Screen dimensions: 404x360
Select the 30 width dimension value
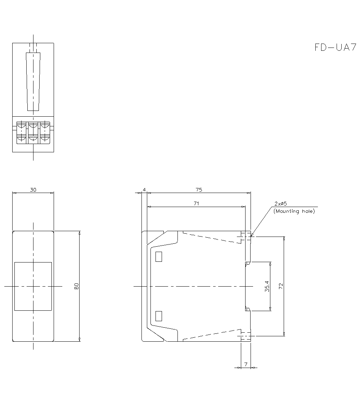[33, 189]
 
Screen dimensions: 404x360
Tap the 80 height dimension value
[76, 286]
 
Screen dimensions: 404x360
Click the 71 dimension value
[196, 203]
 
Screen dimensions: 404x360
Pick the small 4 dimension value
[144, 189]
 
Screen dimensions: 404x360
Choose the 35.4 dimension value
[267, 286]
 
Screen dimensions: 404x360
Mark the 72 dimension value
[281, 286]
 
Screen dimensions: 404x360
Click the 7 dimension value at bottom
[246, 364]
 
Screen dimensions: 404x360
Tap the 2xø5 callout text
[280, 204]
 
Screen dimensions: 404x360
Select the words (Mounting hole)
[294, 211]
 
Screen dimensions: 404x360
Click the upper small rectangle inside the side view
[158, 256]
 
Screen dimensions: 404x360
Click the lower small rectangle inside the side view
[158, 316]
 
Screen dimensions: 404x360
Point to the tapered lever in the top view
[33, 81]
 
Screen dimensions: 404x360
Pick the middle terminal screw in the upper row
[33, 126]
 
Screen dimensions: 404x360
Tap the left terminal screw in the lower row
[22, 138]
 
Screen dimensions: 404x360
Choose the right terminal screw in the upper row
[45, 126]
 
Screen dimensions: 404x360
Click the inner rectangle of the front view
[33, 286]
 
